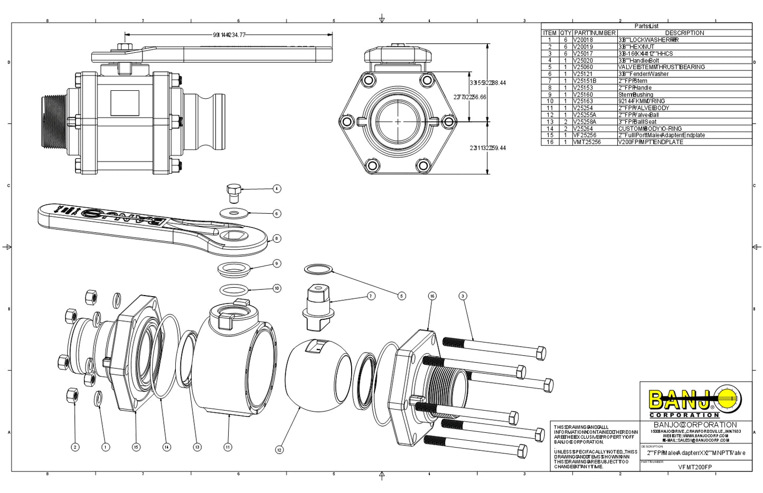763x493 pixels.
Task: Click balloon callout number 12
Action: pyautogui.click(x=279, y=450)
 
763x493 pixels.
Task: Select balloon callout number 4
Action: pyautogui.click(x=277, y=188)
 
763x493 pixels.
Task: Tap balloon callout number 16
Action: pyautogui.click(x=432, y=296)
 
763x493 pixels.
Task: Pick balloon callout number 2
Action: pyautogui.click(x=75, y=447)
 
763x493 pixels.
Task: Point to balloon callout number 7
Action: pyautogui.click(x=371, y=296)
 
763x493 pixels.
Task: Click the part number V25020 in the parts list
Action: pyautogui.click(x=583, y=60)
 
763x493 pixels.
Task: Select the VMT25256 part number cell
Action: pyautogui.click(x=587, y=142)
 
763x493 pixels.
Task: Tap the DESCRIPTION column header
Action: pyautogui.click(x=684, y=33)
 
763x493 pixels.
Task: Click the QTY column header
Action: pyautogui.click(x=566, y=33)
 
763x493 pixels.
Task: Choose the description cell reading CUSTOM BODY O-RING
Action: pyautogui.click(x=650, y=128)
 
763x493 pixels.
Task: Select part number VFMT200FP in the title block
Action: pyautogui.click(x=695, y=467)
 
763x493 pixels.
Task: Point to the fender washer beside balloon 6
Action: pyautogui.click(x=233, y=212)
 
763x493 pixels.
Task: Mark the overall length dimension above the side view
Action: pyautogui.click(x=229, y=35)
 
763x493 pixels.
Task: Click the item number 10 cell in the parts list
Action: pyautogui.click(x=550, y=101)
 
